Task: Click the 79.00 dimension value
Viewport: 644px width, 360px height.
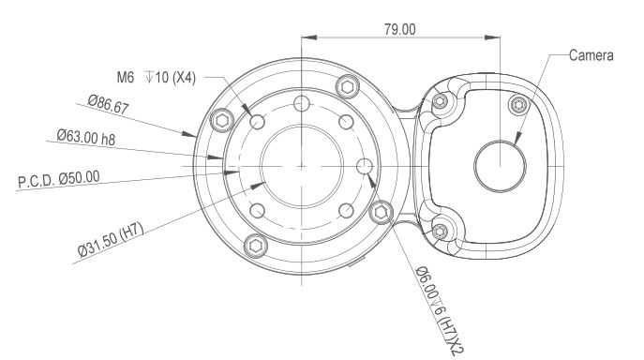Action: (399, 30)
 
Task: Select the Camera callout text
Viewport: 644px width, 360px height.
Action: (591, 55)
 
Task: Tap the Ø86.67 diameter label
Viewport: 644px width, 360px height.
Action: (109, 104)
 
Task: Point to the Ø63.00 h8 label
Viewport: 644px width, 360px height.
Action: (86, 137)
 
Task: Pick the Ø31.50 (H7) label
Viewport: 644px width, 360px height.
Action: (111, 240)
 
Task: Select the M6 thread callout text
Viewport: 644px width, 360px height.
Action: (156, 77)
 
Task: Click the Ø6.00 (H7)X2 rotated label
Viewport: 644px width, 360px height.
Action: (439, 310)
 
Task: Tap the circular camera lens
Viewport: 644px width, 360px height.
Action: (500, 167)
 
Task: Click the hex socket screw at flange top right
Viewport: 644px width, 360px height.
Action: (348, 86)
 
